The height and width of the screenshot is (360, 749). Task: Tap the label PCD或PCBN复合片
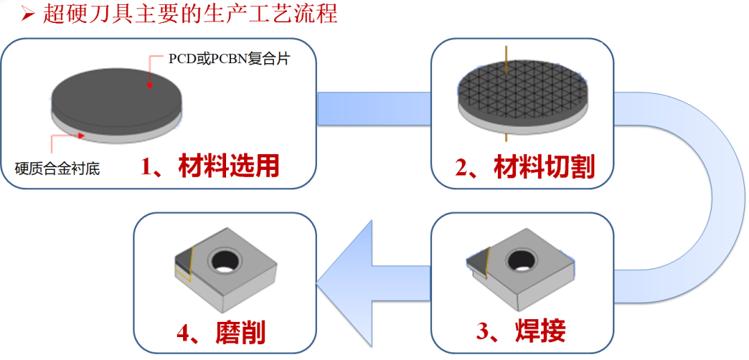[x=228, y=58]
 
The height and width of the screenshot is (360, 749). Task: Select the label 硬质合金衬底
[x=58, y=167]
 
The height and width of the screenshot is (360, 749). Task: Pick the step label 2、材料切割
[x=525, y=167]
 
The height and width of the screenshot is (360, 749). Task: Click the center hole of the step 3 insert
[x=522, y=260]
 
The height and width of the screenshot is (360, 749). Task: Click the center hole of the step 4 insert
[x=225, y=261]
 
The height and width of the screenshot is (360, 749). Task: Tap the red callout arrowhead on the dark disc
[x=148, y=85]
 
